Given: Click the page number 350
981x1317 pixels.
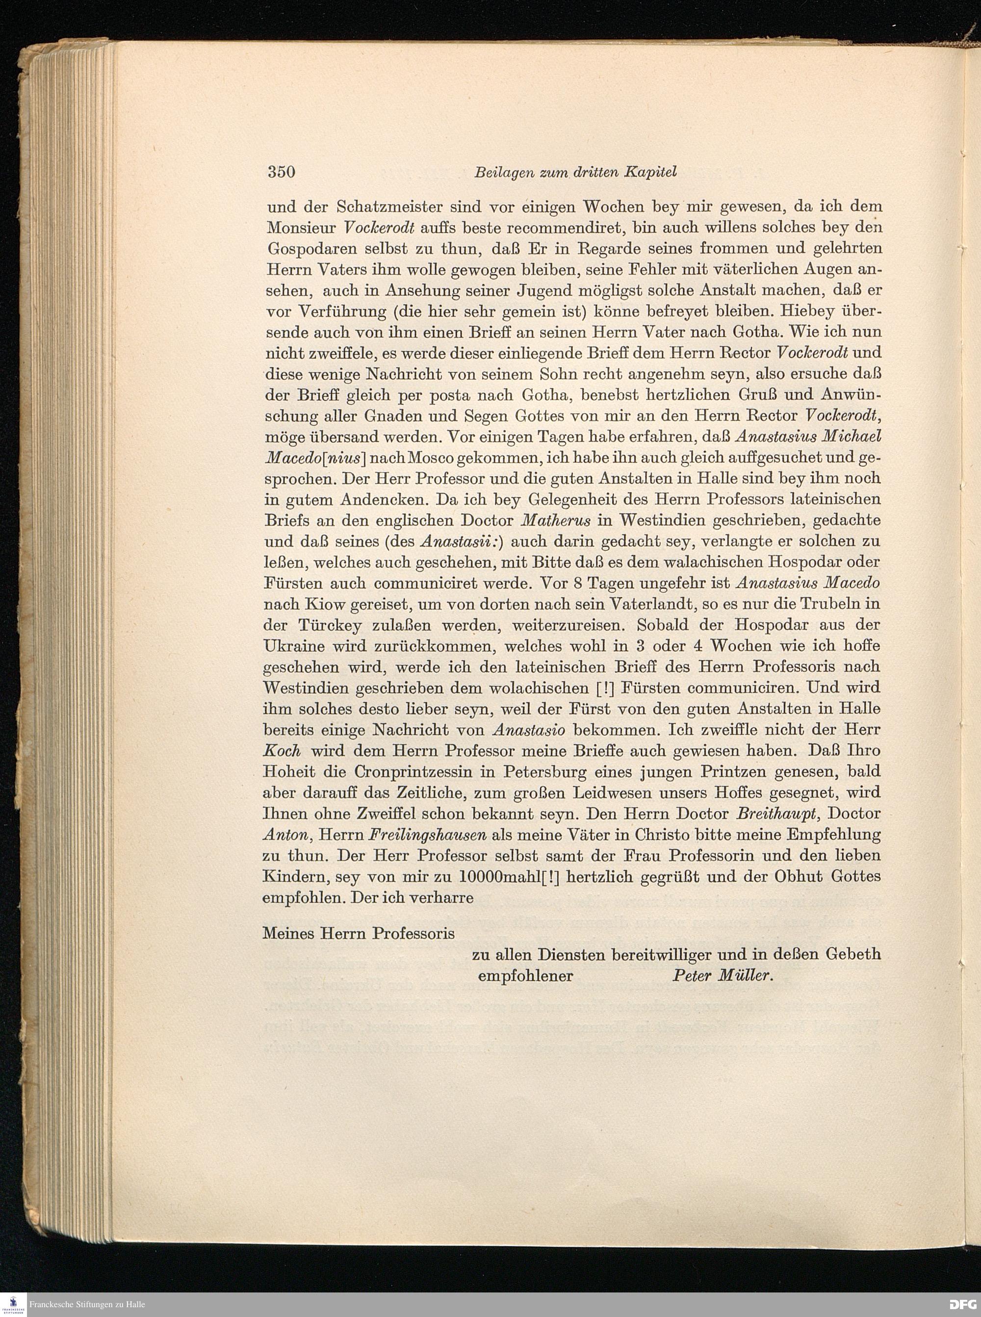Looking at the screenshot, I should pyautogui.click(x=282, y=172).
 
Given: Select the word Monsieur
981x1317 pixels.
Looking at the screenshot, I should pyautogui.click(x=300, y=228).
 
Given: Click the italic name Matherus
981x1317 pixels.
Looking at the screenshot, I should pyautogui.click(x=556, y=521).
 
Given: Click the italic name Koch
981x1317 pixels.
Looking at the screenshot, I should pyautogui.click(x=282, y=751).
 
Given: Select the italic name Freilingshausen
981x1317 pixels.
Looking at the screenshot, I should pyautogui.click(x=428, y=835).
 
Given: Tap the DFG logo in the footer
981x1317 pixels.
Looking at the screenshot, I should pyautogui.click(x=961, y=1305).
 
